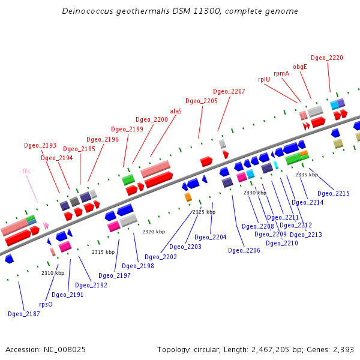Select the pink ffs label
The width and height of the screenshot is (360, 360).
click(x=26, y=171)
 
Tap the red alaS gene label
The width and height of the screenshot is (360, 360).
click(x=176, y=111)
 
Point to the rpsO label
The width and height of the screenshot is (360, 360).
click(x=46, y=304)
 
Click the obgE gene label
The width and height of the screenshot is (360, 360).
click(x=300, y=67)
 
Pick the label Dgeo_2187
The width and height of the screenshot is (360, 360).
click(x=23, y=314)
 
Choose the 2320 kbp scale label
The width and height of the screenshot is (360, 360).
click(x=154, y=232)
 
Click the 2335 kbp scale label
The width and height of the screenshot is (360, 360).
click(x=306, y=175)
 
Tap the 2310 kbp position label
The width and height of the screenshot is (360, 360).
click(x=53, y=273)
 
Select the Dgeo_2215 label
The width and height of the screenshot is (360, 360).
click(x=333, y=193)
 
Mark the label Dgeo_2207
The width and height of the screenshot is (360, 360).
click(x=229, y=91)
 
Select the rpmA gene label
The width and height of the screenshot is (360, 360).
click(x=281, y=73)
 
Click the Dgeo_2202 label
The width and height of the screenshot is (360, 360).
click(x=161, y=257)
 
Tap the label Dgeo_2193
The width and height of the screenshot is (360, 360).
click(x=40, y=145)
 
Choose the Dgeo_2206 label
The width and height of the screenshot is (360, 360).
click(x=244, y=250)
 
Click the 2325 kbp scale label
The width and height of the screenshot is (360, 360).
click(x=203, y=212)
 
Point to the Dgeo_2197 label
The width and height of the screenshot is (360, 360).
click(x=114, y=275)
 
